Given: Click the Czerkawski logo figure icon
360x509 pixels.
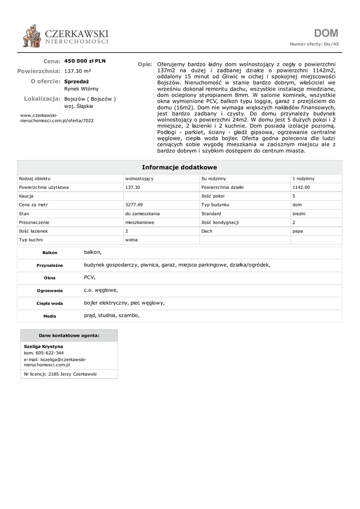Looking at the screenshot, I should (x=32, y=36).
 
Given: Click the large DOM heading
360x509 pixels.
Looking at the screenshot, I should (x=326, y=33).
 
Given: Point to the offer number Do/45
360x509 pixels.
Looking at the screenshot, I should (x=331, y=44).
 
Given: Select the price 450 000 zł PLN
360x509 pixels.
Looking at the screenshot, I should (x=85, y=61).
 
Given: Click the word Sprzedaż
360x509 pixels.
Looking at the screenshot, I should (x=77, y=81).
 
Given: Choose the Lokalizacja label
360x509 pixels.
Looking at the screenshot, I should (x=42, y=99).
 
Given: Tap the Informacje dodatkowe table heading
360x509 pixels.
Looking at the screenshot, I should (x=180, y=168).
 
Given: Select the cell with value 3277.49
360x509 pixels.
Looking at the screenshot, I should (x=134, y=204).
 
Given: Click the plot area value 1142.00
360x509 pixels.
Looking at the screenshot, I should (x=301, y=187).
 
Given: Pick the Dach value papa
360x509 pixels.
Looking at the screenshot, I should (x=297, y=231).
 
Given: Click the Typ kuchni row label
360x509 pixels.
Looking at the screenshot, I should (x=30, y=240).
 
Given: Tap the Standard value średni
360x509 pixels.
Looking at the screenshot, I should (x=299, y=213).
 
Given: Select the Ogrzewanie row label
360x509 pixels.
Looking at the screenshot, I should (x=50, y=291).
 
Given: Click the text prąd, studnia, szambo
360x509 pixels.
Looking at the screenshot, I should (x=112, y=315).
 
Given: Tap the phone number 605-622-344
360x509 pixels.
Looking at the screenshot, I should (x=49, y=353).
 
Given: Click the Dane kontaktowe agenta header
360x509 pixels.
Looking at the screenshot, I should (x=69, y=336).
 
